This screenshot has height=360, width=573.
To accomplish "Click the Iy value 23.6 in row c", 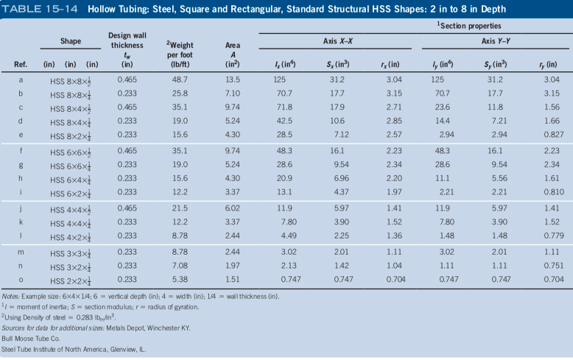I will pyautogui.click(x=440, y=107).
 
